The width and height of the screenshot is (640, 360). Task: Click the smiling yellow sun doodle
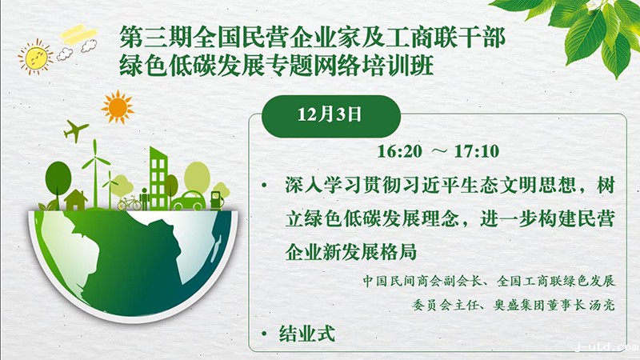pyautogui.click(x=35, y=57)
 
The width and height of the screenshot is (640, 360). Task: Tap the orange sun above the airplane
pyautogui.click(x=118, y=107)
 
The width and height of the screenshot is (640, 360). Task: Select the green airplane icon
pyautogui.click(x=76, y=130)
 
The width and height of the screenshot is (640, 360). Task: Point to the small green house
pyautogui.click(x=76, y=199)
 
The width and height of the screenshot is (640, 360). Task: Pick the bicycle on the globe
pyautogui.click(x=129, y=202)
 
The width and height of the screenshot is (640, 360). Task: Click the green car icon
pyautogui.click(x=189, y=201)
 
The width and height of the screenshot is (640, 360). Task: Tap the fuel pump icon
pyautogui.click(x=217, y=201)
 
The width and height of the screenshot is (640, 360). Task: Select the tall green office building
pyautogui.click(x=158, y=178)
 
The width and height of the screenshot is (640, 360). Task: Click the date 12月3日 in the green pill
pyautogui.click(x=330, y=114)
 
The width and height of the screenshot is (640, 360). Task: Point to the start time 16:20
pyautogui.click(x=399, y=151)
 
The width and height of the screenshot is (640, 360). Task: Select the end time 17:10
pyautogui.click(x=476, y=151)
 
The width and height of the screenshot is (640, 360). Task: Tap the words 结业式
pyautogui.click(x=307, y=334)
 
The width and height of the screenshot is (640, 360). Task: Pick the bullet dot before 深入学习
pyautogui.click(x=265, y=186)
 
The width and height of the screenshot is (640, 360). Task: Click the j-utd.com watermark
pyautogui.click(x=607, y=347)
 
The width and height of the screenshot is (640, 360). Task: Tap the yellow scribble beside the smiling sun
pyautogui.click(x=78, y=34)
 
